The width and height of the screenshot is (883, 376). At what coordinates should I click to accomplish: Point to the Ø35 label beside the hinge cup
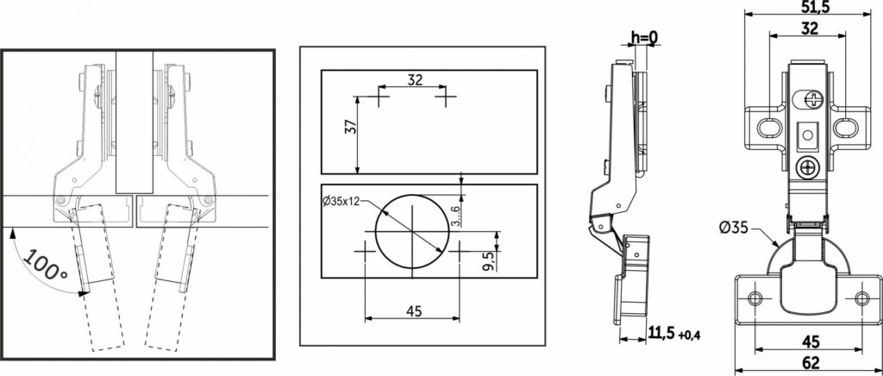click(x=734, y=228)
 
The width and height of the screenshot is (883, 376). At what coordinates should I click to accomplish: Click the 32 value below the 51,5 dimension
click(x=809, y=28)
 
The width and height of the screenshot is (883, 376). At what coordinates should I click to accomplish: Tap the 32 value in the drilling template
click(x=415, y=79)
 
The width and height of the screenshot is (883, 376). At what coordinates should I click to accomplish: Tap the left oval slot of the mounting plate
click(x=767, y=128)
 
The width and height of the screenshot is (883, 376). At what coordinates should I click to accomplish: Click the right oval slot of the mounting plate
click(x=843, y=128)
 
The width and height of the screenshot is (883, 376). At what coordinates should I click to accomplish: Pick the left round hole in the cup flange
click(x=755, y=298)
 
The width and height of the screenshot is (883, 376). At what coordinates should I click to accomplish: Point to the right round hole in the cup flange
click(x=861, y=298)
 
